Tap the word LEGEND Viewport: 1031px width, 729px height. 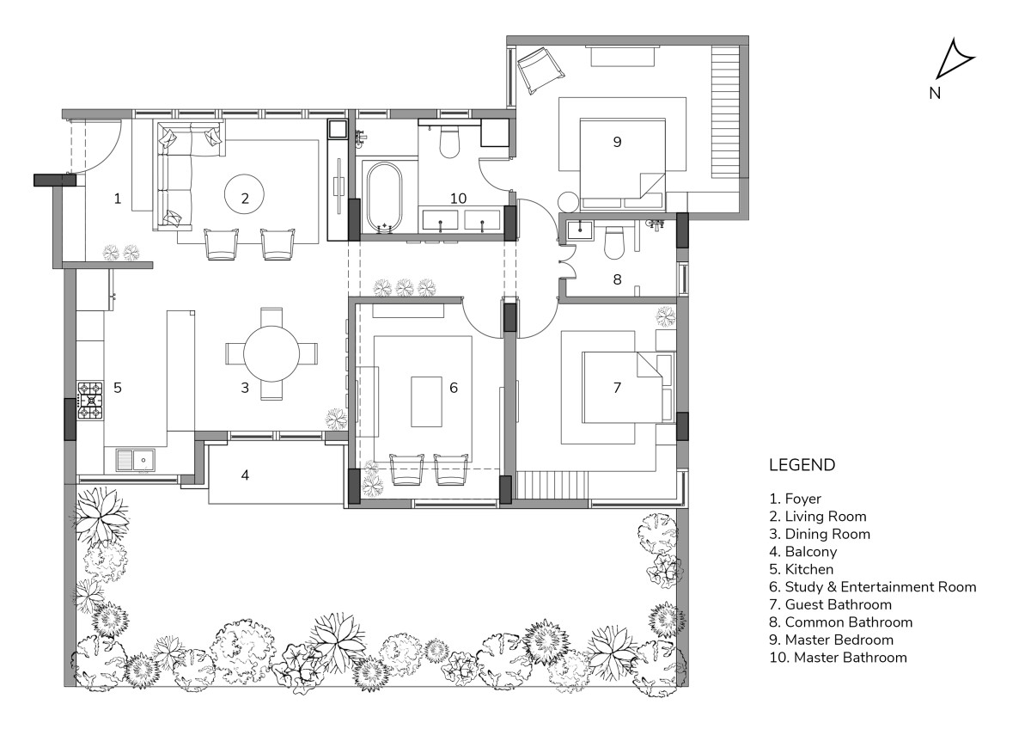(x=802, y=465)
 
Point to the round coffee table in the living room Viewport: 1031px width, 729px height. (x=244, y=194)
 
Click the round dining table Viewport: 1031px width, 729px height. (x=271, y=353)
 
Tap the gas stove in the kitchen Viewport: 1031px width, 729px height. (x=90, y=401)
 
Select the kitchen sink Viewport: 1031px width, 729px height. (x=136, y=460)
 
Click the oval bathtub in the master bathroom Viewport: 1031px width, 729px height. (x=384, y=198)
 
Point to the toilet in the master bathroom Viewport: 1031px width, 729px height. (x=449, y=140)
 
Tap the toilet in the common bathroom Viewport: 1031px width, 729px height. (x=613, y=242)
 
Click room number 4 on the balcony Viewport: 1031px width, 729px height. (x=245, y=475)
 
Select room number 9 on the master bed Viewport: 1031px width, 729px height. (x=617, y=142)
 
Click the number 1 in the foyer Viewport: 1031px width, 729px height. (x=118, y=199)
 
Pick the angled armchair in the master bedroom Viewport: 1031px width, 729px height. (x=540, y=70)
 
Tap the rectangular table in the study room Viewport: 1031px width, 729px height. (x=427, y=402)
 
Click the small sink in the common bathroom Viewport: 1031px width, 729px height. (x=580, y=230)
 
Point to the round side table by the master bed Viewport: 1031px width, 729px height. (x=569, y=202)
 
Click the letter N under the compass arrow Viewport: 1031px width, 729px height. (x=935, y=94)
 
